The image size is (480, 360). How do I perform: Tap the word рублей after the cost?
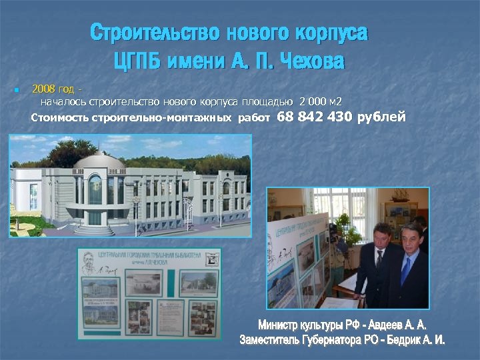tap(381, 118)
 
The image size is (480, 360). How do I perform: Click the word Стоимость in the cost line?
tap(60, 119)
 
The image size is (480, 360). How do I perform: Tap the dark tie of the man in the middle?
tap(378, 261)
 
